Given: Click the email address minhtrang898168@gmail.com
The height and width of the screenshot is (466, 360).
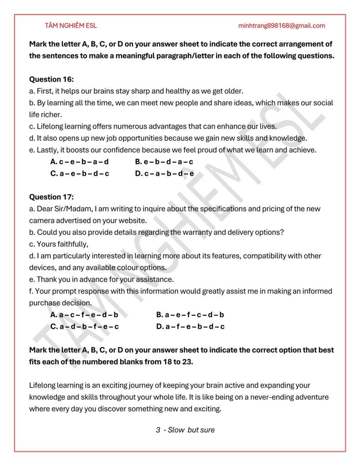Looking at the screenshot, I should (x=282, y=25).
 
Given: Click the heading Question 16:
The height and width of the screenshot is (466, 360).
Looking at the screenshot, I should (x=51, y=79).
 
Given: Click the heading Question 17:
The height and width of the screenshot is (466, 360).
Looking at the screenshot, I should (x=51, y=197).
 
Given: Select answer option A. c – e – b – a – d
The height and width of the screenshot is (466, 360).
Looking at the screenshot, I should (x=79, y=162).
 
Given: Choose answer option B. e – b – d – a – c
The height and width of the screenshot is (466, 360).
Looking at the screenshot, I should (x=164, y=162).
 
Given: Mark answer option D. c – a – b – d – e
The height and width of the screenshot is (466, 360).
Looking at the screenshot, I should (x=165, y=173).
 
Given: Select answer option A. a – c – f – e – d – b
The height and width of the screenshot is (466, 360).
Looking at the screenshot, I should (x=84, y=314).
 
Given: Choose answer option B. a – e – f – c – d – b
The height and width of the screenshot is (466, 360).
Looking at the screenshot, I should (x=190, y=314).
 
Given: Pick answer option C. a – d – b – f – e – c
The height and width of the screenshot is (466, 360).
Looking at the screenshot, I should (x=85, y=326).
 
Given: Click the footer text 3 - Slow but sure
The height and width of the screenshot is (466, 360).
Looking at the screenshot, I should (x=185, y=430).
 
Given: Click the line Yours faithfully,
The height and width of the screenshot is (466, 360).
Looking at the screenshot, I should (x=59, y=244).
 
